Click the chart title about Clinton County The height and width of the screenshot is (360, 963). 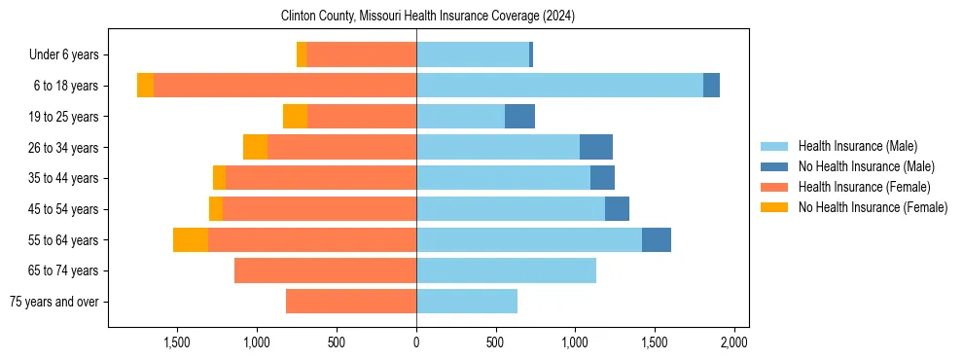click(428, 17)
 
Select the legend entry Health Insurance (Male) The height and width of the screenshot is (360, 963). click(857, 146)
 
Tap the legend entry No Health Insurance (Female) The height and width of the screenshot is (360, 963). click(872, 207)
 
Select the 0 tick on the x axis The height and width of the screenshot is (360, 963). click(416, 342)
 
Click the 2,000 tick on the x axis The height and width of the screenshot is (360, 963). click(733, 342)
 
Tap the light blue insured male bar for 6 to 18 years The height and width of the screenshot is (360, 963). click(559, 86)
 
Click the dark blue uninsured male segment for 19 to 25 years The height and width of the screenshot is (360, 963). click(519, 117)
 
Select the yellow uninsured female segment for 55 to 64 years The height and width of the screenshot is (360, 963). click(191, 240)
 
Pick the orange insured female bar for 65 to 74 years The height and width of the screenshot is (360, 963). click(325, 270)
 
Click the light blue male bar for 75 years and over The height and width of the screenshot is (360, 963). click(467, 302)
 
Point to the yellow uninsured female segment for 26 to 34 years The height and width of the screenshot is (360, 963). click(255, 147)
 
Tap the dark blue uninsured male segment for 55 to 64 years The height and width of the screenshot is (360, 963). click(657, 240)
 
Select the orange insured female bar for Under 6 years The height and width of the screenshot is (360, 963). click(361, 54)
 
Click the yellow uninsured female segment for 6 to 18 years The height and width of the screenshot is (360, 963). click(145, 86)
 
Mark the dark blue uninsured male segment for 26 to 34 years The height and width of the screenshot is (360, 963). click(596, 147)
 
